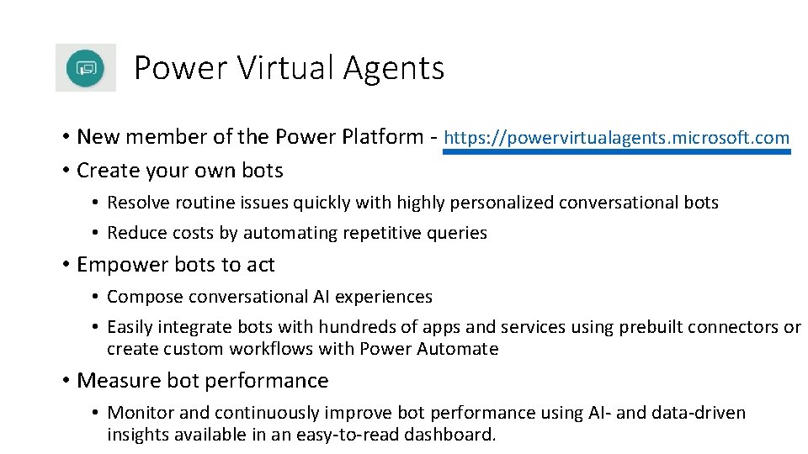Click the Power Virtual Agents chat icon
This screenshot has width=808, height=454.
86,67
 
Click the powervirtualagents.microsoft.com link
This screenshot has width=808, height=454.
616,137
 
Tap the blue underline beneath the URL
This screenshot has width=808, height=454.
616,152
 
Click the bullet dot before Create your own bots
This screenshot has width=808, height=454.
65,171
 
